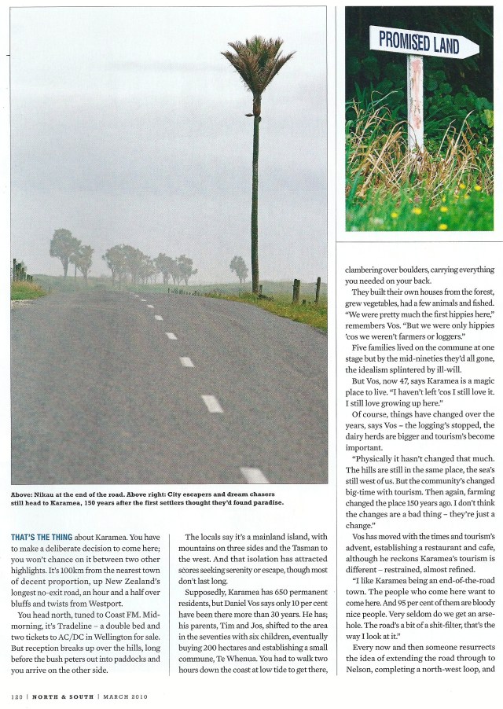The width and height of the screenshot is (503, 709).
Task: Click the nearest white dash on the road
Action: coord(254,475)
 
